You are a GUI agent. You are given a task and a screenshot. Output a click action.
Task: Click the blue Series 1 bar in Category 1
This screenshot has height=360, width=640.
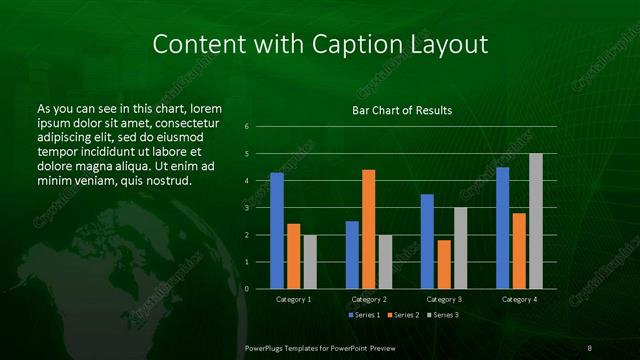[x=277, y=231]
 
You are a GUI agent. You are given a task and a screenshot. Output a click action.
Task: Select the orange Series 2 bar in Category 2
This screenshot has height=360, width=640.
[x=369, y=229]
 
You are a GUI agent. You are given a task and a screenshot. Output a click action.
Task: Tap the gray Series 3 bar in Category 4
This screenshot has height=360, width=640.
[x=536, y=221]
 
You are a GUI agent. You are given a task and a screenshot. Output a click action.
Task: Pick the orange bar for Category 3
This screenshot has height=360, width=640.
[x=444, y=264]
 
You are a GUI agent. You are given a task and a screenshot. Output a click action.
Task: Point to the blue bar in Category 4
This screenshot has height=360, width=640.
[x=503, y=228]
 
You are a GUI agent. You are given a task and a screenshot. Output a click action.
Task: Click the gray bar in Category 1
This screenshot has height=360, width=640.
[x=310, y=262]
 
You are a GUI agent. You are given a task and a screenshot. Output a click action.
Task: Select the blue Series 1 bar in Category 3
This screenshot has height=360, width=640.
[x=427, y=241]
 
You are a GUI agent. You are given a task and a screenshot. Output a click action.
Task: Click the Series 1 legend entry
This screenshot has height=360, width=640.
[x=363, y=316]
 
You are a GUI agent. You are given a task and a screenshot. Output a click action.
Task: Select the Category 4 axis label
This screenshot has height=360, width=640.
[x=518, y=299]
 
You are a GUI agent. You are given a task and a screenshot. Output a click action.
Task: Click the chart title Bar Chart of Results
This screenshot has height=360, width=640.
[x=402, y=110]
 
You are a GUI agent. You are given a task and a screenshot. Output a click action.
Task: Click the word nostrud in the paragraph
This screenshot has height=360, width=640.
[x=167, y=180]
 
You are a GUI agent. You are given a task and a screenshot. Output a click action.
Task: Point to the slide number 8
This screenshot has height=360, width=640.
[x=589, y=347]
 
